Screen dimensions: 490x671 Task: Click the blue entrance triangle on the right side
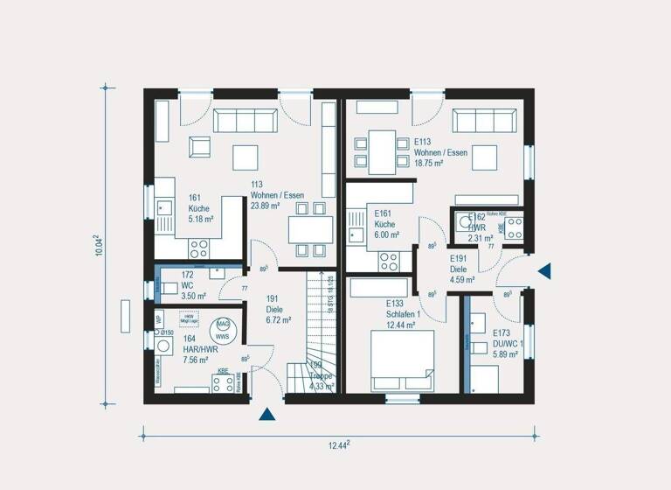[544, 271]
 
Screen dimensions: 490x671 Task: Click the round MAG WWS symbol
[223, 329]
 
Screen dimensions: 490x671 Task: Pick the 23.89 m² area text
[265, 206]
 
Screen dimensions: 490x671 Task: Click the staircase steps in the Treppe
[320, 315]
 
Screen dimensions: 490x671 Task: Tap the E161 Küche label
[386, 224]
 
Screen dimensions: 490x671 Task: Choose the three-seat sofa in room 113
[246, 120]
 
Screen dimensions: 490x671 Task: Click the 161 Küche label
[199, 205]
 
